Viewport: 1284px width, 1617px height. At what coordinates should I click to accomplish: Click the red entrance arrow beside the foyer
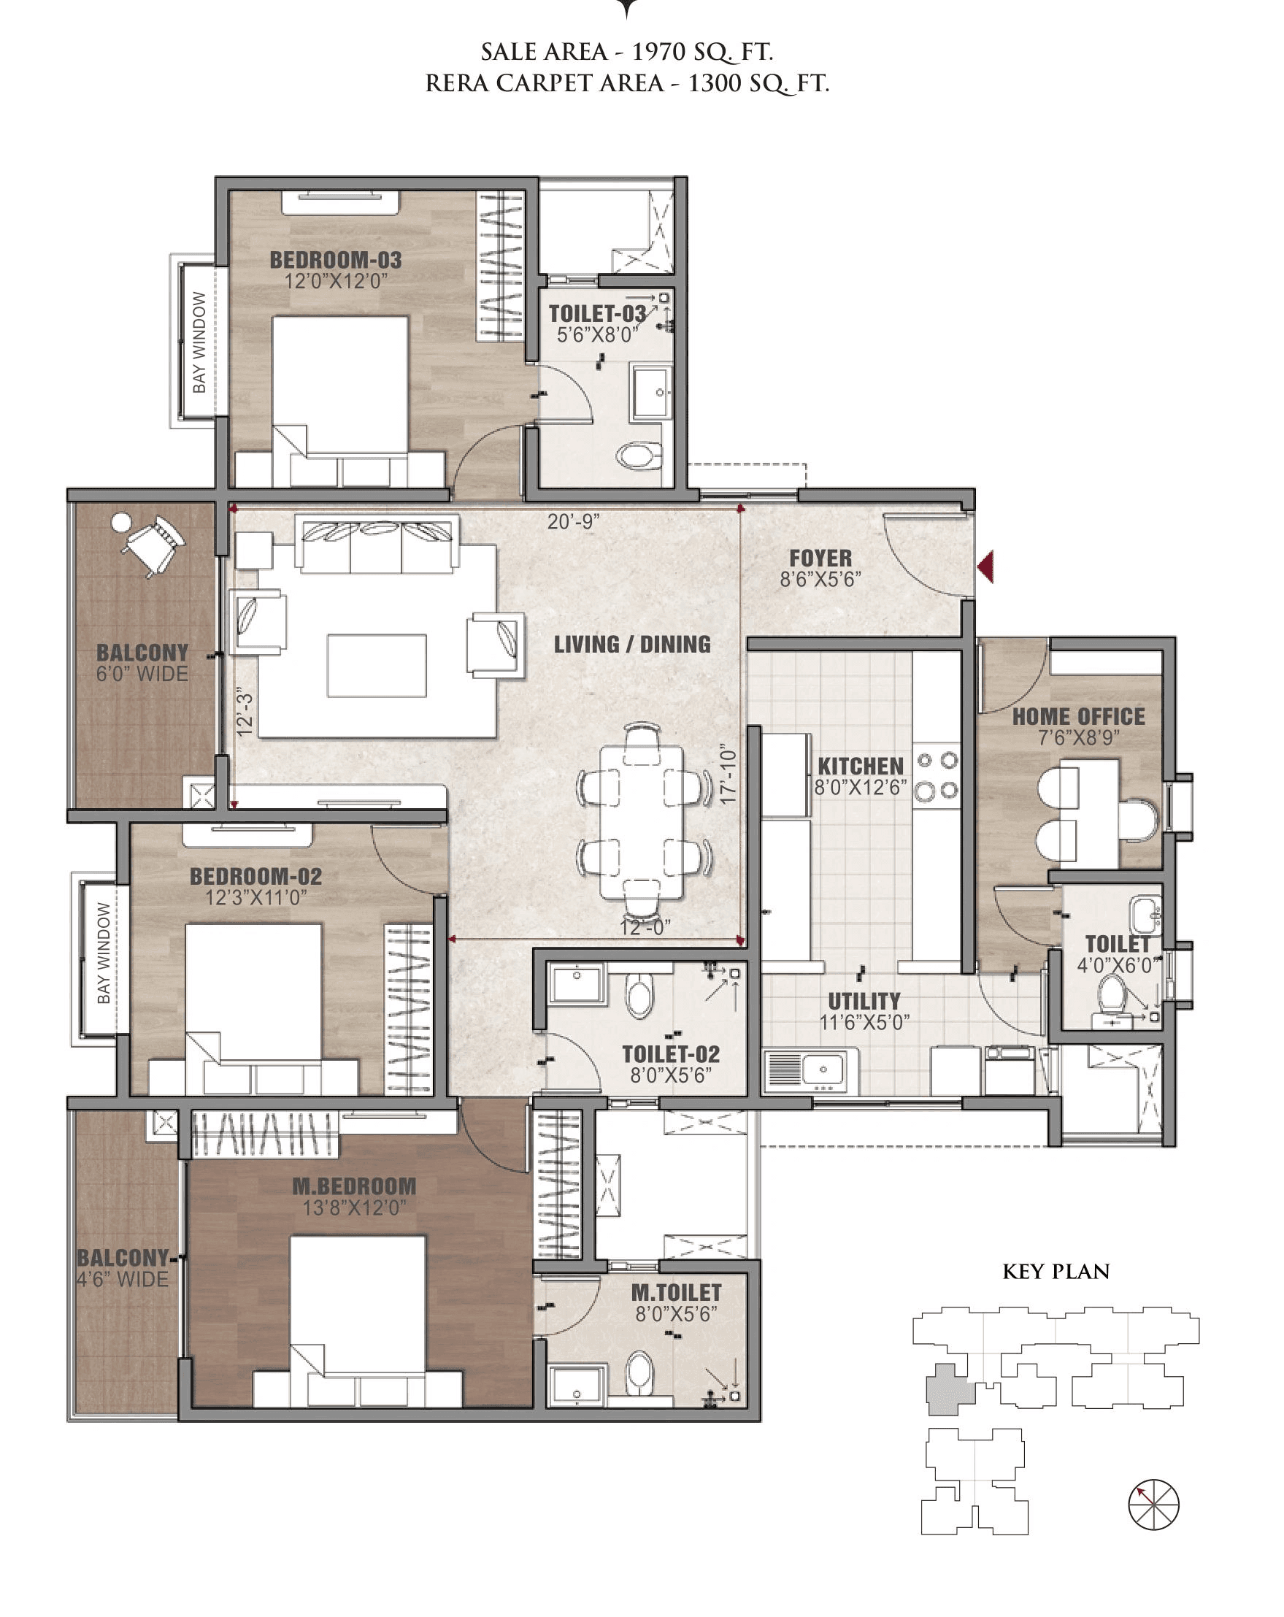(x=986, y=566)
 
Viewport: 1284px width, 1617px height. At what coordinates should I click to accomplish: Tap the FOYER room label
(x=820, y=558)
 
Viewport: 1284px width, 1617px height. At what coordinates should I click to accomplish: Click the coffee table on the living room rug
(x=377, y=665)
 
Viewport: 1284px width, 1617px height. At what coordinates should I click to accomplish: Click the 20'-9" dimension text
(x=573, y=521)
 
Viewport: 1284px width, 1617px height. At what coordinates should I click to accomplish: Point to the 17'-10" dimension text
(x=728, y=774)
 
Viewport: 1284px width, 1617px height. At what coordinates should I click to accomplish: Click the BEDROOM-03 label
(x=335, y=260)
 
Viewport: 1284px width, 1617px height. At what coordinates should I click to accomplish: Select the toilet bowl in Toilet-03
(x=639, y=455)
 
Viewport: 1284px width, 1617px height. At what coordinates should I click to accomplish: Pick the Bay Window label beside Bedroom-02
(x=104, y=953)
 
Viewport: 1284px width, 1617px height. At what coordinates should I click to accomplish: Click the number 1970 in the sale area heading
(x=658, y=52)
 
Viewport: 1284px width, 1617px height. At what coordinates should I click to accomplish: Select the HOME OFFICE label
(x=1077, y=716)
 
